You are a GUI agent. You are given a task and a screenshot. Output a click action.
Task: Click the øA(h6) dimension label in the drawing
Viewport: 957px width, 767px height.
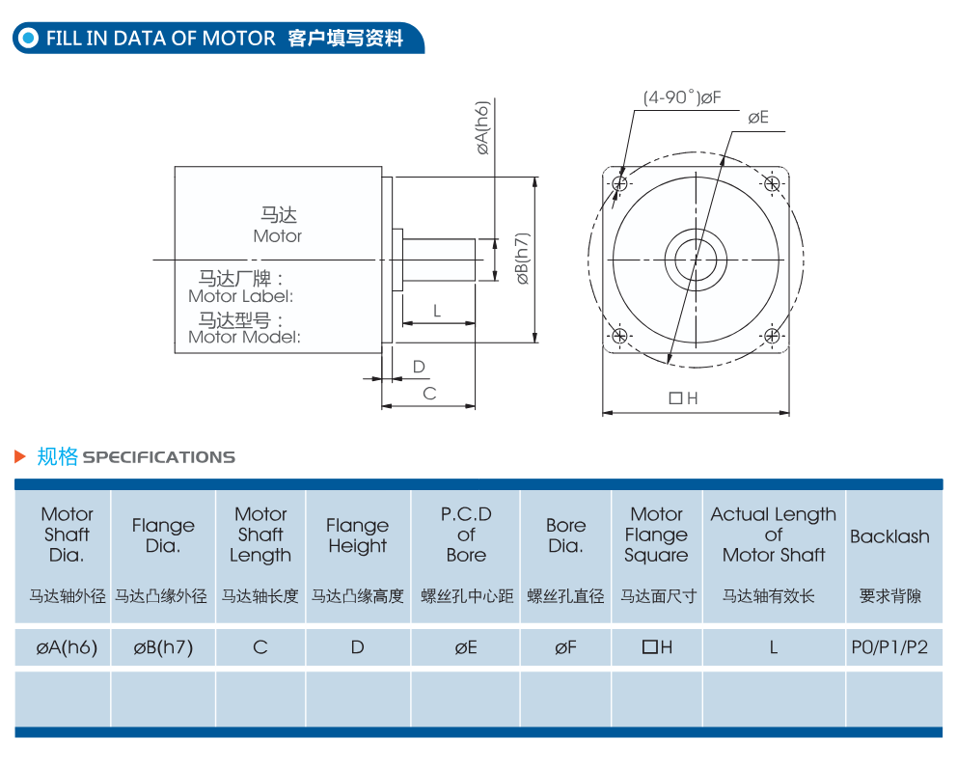[x=482, y=128]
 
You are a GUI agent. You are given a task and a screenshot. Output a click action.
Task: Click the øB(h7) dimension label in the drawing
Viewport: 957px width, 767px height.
[x=523, y=259]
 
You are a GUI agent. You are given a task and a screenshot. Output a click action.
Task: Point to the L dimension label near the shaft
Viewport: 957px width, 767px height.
[x=437, y=312]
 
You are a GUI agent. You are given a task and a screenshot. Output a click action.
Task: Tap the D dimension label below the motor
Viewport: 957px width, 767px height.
[x=419, y=367]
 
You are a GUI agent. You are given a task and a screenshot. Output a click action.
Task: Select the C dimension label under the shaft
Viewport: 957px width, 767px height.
[x=429, y=394]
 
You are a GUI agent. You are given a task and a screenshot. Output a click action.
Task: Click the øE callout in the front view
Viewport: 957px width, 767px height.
[x=758, y=117]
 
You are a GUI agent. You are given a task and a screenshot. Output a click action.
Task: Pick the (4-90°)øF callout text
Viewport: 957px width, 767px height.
[x=682, y=97]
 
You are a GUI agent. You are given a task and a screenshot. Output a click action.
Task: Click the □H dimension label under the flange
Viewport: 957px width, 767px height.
[x=684, y=398]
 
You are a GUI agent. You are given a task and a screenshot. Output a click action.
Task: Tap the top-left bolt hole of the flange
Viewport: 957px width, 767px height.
[x=619, y=183]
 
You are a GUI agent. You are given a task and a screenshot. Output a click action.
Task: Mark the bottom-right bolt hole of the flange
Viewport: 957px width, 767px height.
[x=772, y=336]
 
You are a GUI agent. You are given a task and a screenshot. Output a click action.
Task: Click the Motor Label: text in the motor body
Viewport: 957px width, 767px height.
[x=241, y=296]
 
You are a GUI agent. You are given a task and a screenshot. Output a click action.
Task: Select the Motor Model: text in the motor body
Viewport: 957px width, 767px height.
[x=245, y=337]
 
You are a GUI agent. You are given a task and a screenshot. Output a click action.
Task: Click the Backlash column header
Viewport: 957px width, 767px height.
[x=889, y=536]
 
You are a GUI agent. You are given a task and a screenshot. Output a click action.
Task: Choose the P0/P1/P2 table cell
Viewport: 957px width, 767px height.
[x=889, y=646]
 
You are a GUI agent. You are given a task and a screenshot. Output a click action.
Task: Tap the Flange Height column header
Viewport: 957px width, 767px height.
[x=358, y=535]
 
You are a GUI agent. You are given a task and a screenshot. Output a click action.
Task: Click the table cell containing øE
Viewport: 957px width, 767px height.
[x=466, y=646]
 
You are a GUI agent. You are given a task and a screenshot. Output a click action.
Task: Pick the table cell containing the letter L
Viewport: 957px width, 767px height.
[x=774, y=646]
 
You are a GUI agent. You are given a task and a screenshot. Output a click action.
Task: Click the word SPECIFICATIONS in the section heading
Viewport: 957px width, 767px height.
[x=158, y=457]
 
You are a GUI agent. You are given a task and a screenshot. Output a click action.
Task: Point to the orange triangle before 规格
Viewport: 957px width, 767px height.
[x=20, y=456]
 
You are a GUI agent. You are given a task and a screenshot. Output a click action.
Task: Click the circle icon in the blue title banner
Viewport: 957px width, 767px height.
[x=28, y=38]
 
